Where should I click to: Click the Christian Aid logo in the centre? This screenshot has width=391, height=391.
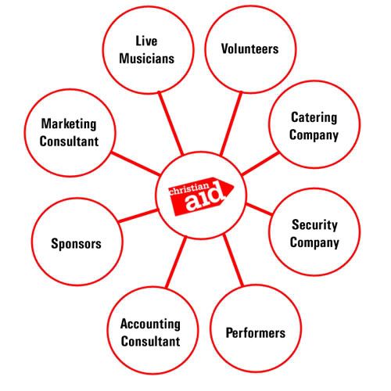[201, 195]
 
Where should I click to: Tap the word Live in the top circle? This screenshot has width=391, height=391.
[146, 41]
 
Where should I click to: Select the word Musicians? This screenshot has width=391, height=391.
[147, 59]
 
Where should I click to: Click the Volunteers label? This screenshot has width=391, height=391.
[250, 48]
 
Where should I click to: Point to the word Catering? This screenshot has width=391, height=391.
[314, 117]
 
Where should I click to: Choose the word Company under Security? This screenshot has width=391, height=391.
[314, 242]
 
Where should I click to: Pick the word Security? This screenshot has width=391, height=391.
[314, 224]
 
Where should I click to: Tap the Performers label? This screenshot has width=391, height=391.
[256, 333]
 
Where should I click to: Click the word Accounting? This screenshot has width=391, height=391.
[150, 324]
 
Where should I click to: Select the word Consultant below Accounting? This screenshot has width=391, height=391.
[150, 341]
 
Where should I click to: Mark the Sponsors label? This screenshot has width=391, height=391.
[76, 244]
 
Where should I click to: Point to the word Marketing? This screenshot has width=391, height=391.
[69, 124]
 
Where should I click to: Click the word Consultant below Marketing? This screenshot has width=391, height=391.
[69, 142]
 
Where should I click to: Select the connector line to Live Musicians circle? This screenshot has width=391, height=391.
[171, 124]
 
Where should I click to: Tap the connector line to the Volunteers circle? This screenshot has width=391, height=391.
[231, 124]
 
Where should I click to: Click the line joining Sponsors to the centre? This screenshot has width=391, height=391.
[138, 216]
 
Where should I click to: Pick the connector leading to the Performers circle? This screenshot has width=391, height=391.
[233, 260]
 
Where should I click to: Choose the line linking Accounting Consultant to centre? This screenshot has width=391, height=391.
[176, 262]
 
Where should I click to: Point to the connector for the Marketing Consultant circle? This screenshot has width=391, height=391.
[136, 163]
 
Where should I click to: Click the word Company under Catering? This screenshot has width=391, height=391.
[314, 135]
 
